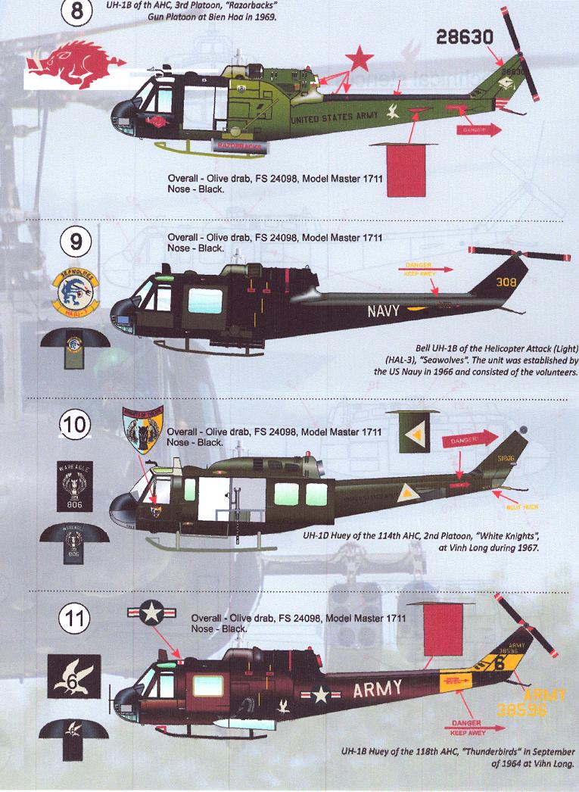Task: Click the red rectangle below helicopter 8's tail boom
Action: tap(409, 171)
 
